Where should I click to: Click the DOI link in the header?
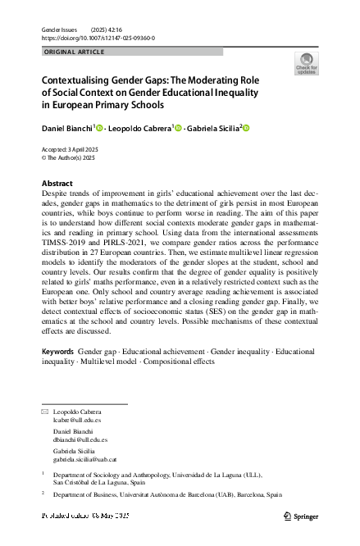point(98,38)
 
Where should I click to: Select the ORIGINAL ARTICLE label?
point(74,52)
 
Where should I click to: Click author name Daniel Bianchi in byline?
point(67,128)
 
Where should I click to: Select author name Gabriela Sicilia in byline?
point(211,128)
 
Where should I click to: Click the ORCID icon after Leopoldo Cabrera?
point(177,127)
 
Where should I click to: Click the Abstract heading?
point(57,184)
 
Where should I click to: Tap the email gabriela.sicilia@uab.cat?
point(85,460)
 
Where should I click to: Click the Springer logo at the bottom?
point(301,516)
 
